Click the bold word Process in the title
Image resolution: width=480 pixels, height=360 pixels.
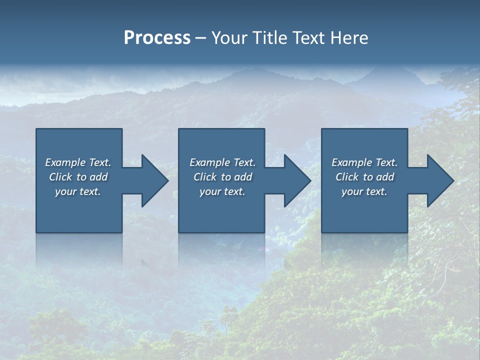(157, 38)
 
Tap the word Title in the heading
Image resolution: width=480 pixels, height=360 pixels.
(269, 38)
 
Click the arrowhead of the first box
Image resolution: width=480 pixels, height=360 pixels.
(152, 180)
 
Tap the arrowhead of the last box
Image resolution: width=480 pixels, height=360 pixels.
(438, 180)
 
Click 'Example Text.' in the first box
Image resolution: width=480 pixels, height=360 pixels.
(78, 162)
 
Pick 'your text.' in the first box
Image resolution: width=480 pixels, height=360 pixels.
(78, 191)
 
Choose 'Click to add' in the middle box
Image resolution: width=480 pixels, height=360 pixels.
(222, 177)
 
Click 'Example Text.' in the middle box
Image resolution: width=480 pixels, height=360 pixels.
(222, 162)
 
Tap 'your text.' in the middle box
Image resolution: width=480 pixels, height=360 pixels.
(222, 191)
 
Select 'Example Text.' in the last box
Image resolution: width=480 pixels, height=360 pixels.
(364, 162)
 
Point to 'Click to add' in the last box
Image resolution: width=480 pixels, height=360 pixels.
(364, 177)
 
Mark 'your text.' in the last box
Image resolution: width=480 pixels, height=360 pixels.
(364, 191)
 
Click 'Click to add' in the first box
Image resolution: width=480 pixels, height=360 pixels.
(78, 177)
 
